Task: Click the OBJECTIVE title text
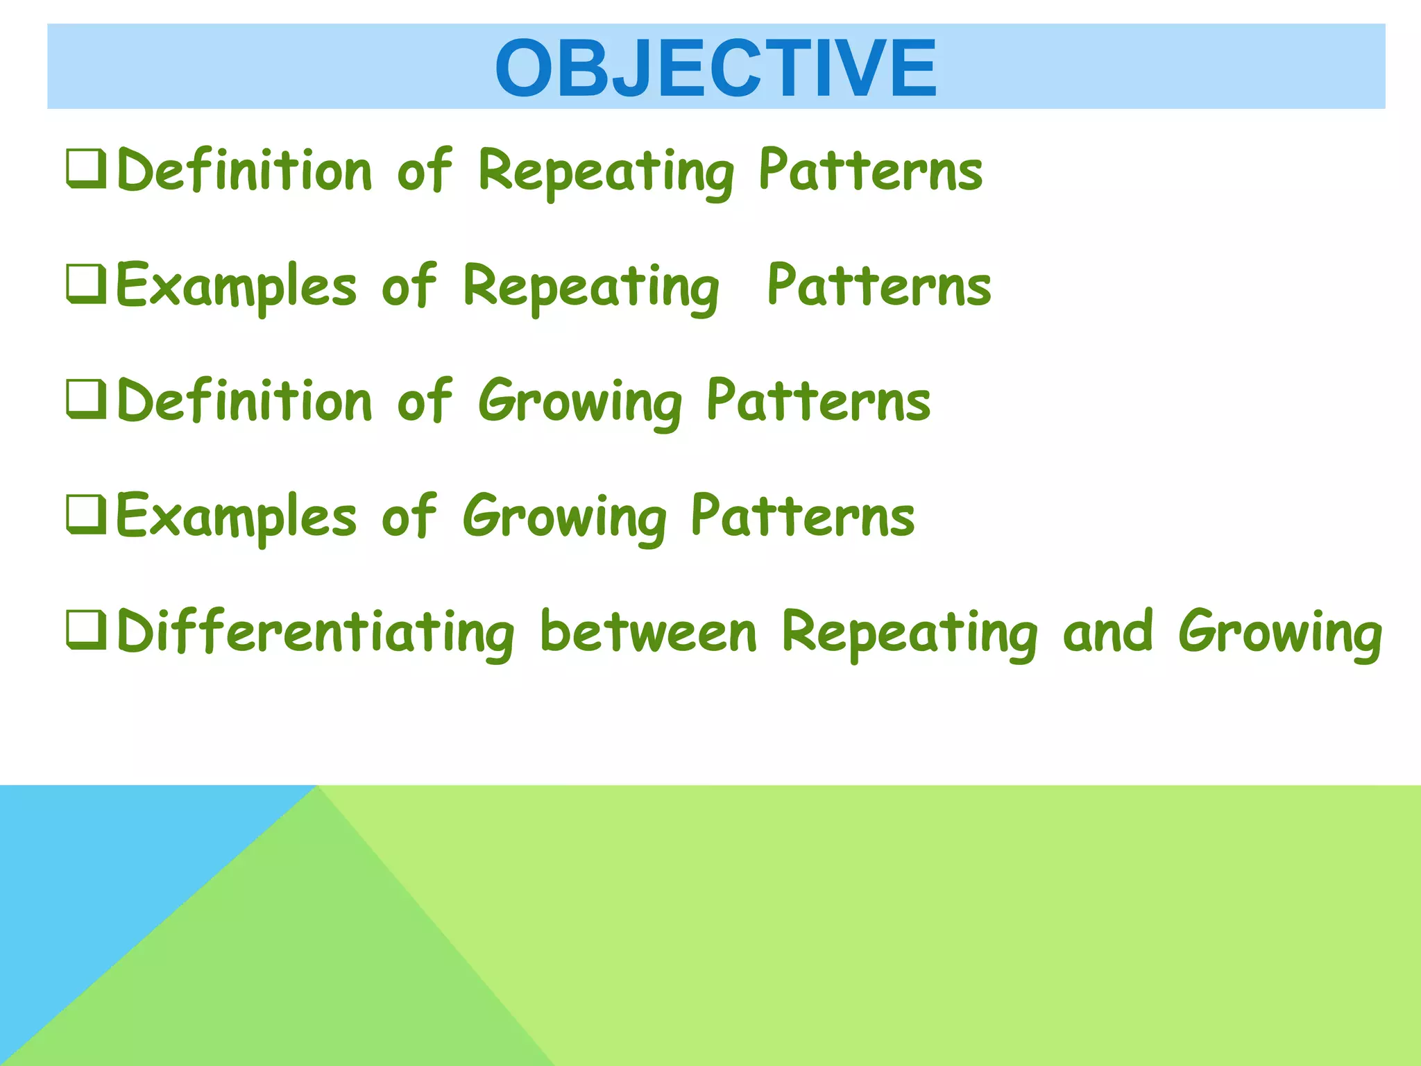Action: (x=715, y=68)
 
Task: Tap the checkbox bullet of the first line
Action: (x=87, y=169)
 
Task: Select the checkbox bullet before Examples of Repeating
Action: (x=87, y=284)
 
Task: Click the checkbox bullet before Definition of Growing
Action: (x=87, y=400)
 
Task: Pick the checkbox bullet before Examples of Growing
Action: (x=87, y=515)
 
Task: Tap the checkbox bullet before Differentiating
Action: (x=87, y=630)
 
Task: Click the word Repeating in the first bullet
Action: (x=606, y=171)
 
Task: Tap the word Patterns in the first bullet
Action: (x=870, y=170)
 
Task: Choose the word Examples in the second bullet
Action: (x=236, y=286)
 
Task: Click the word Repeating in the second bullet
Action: (x=590, y=287)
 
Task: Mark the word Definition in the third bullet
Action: (x=244, y=401)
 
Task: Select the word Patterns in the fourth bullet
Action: (x=803, y=516)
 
